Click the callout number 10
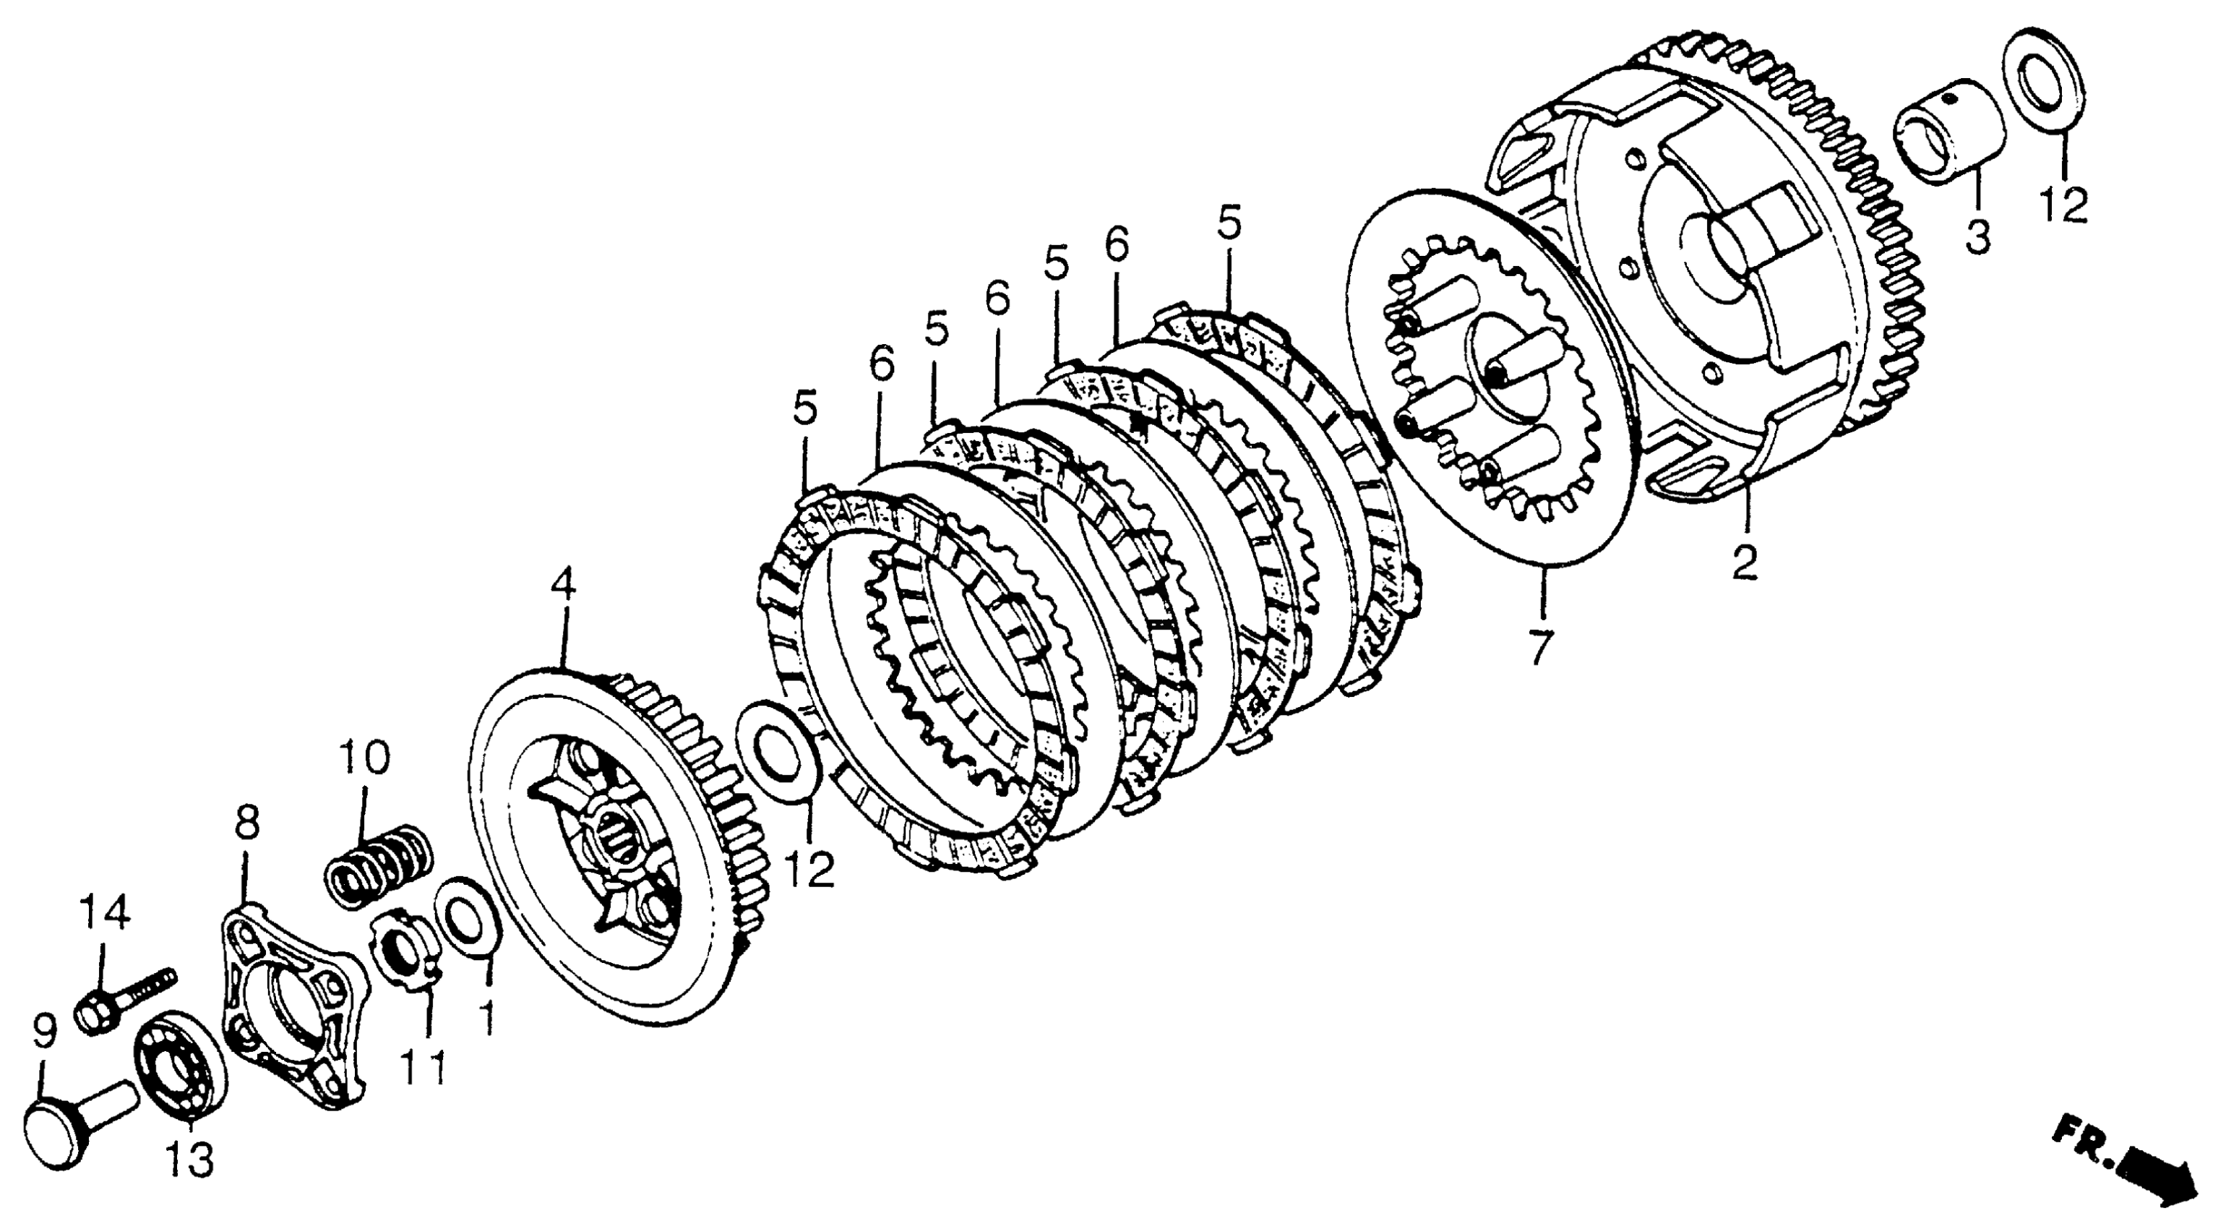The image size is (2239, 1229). pos(364,758)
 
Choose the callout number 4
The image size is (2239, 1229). pos(562,585)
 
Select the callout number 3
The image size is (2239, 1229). pos(1977,236)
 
